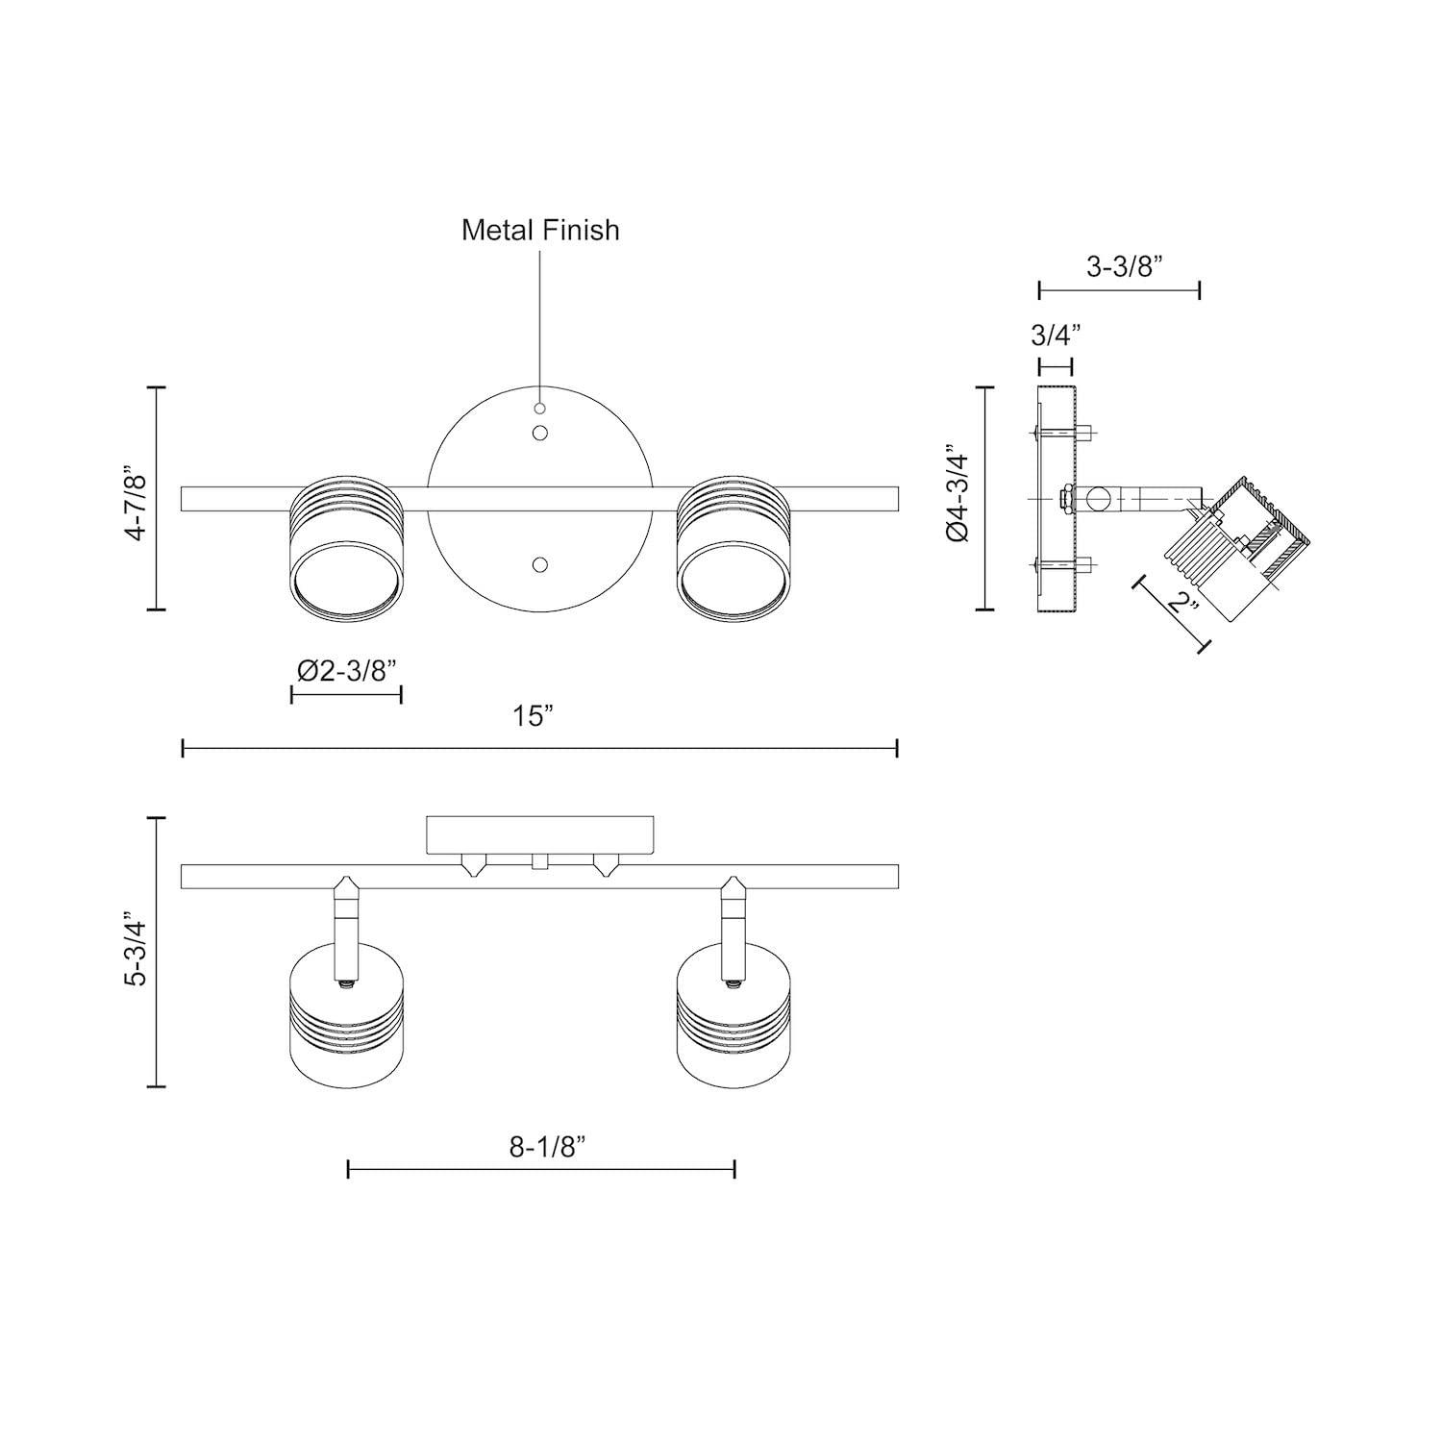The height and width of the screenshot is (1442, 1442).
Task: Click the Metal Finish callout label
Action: (540, 230)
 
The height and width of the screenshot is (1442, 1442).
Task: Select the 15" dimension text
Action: (534, 716)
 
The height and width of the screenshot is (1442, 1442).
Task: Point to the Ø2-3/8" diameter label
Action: (346, 670)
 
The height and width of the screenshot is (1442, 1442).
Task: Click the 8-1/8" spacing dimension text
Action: (547, 1147)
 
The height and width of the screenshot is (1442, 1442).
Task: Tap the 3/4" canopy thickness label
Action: (1056, 336)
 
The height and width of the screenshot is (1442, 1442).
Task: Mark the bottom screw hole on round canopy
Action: (540, 565)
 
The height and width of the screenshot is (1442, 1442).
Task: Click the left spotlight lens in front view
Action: (346, 583)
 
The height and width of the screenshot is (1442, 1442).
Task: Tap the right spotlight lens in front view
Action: (735, 583)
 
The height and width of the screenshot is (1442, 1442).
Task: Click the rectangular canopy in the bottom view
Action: (540, 833)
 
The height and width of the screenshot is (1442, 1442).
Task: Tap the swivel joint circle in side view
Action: (1098, 499)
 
